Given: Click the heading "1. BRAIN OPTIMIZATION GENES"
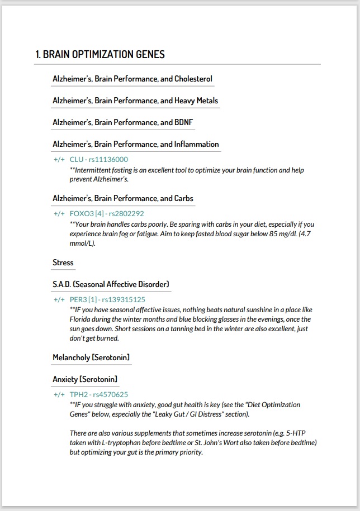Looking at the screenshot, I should (100, 54).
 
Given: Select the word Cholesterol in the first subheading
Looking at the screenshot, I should (193, 79).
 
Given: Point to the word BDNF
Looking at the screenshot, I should (184, 122).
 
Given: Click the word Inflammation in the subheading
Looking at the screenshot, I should (197, 144).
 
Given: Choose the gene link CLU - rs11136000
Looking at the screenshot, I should (99, 159).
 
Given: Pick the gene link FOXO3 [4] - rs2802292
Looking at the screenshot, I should (107, 213).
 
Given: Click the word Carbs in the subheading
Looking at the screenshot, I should (184, 198).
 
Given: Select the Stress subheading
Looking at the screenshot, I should (63, 262).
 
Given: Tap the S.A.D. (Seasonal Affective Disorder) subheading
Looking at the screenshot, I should (111, 284).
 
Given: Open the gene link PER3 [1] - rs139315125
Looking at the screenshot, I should (107, 299).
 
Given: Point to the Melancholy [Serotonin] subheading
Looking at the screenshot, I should (91, 357).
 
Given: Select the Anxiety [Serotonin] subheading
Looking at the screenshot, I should (85, 379).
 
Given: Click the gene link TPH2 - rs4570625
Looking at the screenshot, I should (99, 394).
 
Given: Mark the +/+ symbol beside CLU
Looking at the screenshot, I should (59, 159).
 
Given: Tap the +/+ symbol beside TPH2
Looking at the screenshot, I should (59, 394).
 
